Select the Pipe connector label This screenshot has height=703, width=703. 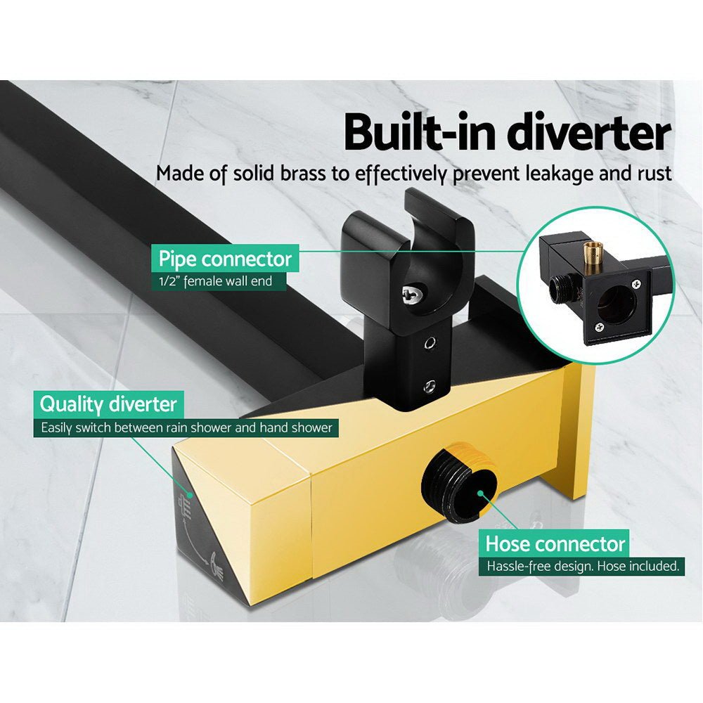225,259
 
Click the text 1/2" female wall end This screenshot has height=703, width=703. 214,283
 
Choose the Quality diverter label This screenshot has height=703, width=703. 109,404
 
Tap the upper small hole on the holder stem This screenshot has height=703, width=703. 428,344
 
